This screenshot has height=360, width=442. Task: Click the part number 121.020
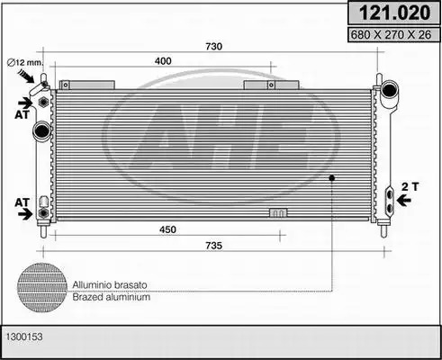click(x=394, y=13)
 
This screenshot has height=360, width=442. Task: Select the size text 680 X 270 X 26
click(x=391, y=35)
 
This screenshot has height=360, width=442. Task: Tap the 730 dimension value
click(x=213, y=47)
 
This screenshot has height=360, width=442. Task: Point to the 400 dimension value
click(x=163, y=61)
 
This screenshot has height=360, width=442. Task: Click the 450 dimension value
click(x=167, y=229)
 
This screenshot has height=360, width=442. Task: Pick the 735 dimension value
click(x=213, y=246)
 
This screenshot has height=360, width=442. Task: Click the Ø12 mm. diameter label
click(x=25, y=62)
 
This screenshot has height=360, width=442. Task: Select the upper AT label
click(x=23, y=114)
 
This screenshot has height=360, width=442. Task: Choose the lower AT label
click(x=23, y=202)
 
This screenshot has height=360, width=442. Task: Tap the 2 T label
click(x=410, y=186)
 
